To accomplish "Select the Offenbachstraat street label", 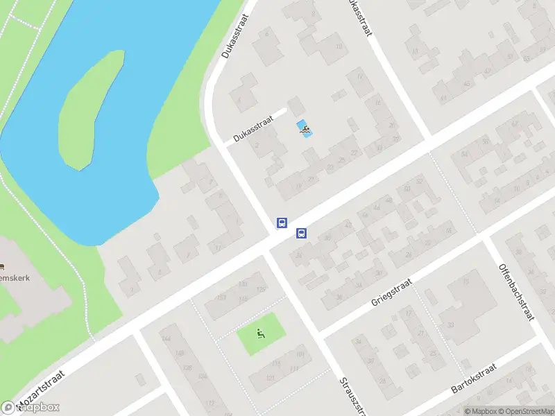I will point(516,291).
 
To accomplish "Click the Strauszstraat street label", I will point(351,395).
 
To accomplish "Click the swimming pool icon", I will point(305,128).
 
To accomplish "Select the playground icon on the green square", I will point(261,334).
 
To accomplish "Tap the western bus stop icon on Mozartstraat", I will point(282,223).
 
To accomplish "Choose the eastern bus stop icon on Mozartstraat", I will point(301,234).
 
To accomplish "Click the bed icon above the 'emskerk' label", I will point(2,267).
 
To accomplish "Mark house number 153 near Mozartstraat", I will point(221,297).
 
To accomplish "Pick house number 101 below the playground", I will point(299,356).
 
